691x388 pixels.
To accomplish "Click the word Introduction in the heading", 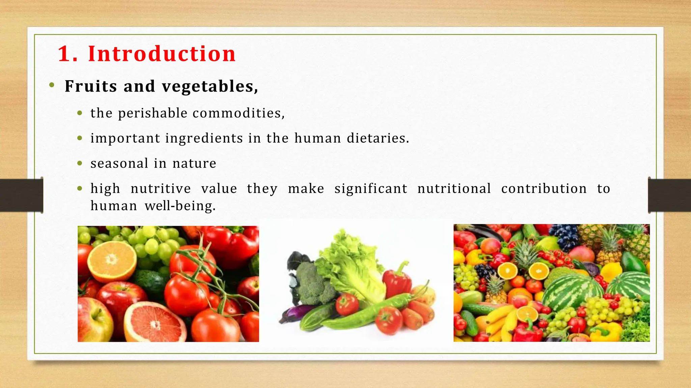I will pyautogui.click(x=162, y=54).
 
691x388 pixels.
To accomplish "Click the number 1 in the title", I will pyautogui.click(x=64, y=54).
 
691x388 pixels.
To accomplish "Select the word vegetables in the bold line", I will pyautogui.click(x=209, y=87).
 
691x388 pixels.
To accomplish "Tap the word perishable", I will pyautogui.click(x=153, y=113).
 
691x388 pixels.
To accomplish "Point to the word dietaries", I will pyautogui.click(x=378, y=138).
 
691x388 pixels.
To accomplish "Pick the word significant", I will pyautogui.click(x=371, y=189).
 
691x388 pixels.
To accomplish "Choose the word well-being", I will pyautogui.click(x=180, y=206).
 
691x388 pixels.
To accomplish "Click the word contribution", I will pyautogui.click(x=544, y=189).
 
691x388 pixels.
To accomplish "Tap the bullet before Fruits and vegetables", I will pyautogui.click(x=52, y=85).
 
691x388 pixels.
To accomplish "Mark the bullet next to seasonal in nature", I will pyautogui.click(x=80, y=164).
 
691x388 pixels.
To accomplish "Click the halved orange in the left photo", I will pyautogui.click(x=112, y=261).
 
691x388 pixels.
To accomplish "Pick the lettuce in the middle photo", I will pyautogui.click(x=351, y=266).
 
